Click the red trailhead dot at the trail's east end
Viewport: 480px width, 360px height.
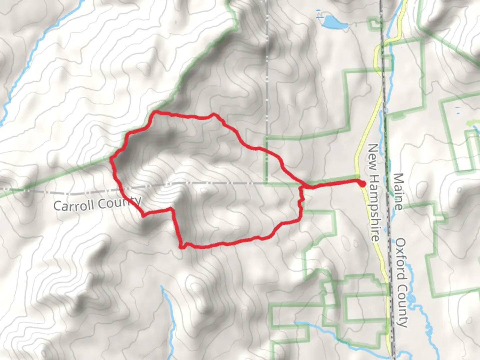point(362,183)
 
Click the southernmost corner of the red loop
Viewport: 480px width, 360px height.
point(182,247)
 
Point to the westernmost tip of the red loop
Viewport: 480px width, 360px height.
point(112,159)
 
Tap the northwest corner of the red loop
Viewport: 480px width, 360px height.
point(154,113)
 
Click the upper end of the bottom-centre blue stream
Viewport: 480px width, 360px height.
point(162,287)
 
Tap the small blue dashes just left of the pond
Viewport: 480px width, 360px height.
point(319,13)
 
